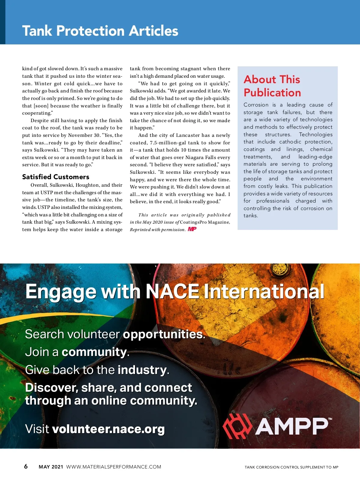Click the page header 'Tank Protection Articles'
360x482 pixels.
pyautogui.click(x=100, y=31)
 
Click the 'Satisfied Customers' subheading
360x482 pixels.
pyautogui.click(x=56, y=177)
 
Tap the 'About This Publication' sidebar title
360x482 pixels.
pyautogui.click(x=272, y=86)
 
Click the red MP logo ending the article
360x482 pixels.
pyautogui.click(x=192, y=229)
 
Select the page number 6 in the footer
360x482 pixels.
pyautogui.click(x=26, y=466)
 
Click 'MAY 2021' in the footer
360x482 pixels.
pyautogui.click(x=51, y=467)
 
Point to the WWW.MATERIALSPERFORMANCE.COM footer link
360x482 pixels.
pyautogui.click(x=114, y=467)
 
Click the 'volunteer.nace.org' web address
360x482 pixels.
pyautogui.click(x=108, y=429)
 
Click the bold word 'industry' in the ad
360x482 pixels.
pyautogui.click(x=142, y=370)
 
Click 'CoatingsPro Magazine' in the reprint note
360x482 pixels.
pyautogui.click(x=205, y=222)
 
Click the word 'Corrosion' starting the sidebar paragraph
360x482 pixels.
pyautogui.click(x=256, y=105)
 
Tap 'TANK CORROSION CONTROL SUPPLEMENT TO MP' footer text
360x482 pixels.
pyautogui.click(x=291, y=467)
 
